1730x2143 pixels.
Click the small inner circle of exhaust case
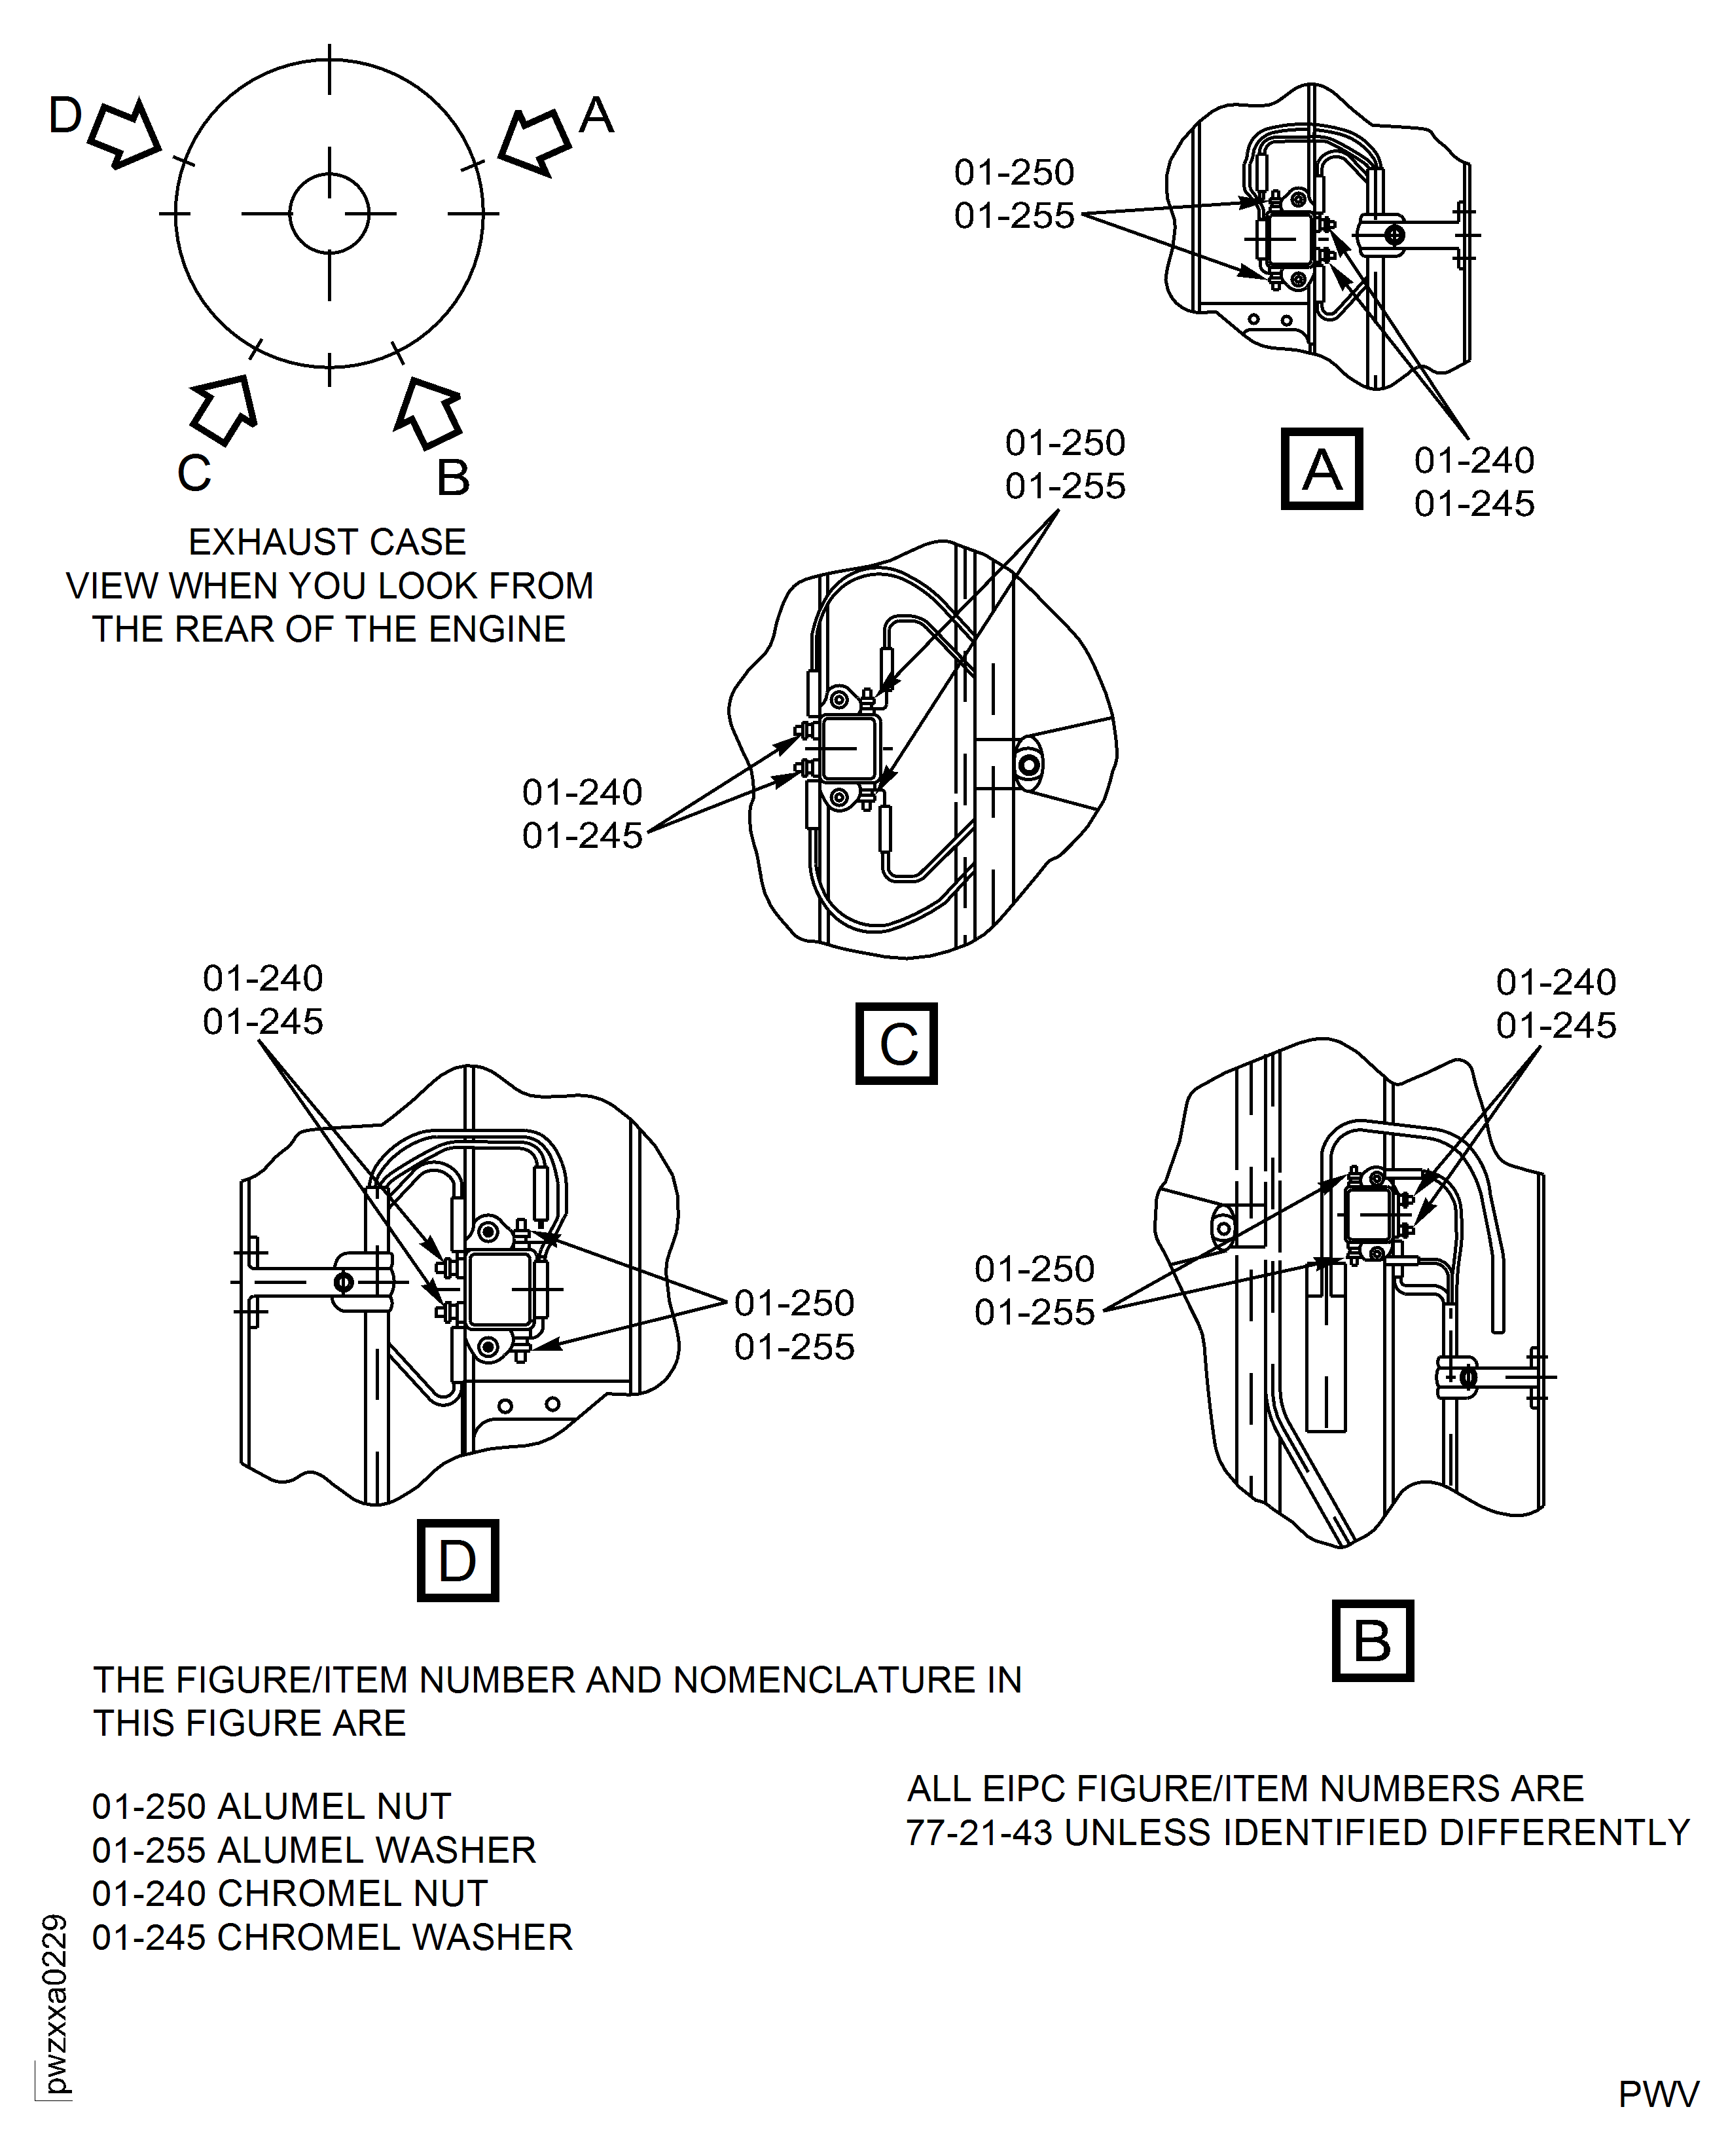point(329,213)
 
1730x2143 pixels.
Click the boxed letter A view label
point(1322,469)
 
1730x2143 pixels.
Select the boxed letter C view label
point(897,1044)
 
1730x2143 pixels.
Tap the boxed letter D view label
point(458,1560)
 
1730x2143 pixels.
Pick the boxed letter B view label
point(1372,1639)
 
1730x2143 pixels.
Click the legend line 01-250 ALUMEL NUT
point(271,1806)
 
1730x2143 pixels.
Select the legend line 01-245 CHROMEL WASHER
point(332,1937)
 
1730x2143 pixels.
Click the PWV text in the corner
point(1658,2094)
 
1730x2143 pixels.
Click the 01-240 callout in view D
point(263,978)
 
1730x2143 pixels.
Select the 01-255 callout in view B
point(1034,1311)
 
